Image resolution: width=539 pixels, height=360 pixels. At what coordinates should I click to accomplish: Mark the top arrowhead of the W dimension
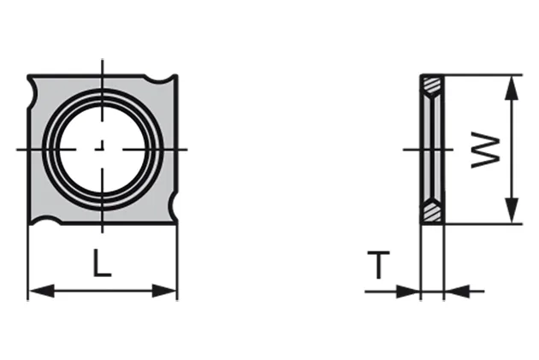pos(510,84)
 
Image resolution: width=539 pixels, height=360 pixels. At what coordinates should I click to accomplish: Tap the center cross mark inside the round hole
pos(103,150)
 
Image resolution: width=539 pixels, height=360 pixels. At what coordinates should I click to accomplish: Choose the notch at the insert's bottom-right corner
pos(174,206)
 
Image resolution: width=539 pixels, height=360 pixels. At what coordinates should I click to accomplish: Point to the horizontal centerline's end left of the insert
pos(19,150)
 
